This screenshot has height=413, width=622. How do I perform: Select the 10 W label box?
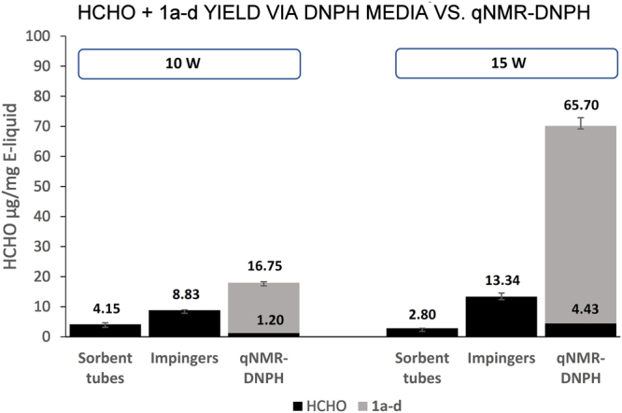[190, 64]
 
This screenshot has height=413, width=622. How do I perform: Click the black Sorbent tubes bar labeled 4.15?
[106, 330]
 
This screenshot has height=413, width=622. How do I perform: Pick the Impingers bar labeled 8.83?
[184, 323]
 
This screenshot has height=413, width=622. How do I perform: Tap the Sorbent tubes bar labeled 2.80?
[421, 332]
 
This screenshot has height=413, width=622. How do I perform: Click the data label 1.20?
[262, 318]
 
